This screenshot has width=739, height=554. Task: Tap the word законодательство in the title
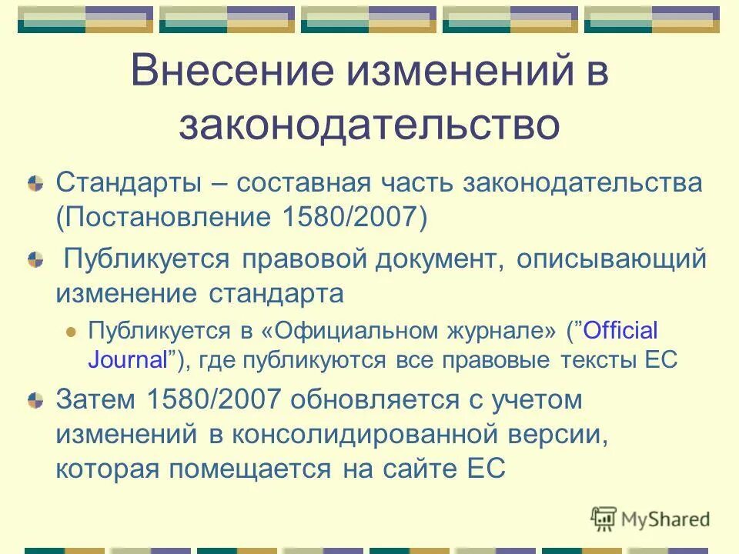(x=369, y=125)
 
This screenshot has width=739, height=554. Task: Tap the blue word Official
(x=621, y=331)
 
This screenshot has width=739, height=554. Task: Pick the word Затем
(x=95, y=400)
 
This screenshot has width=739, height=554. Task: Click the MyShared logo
(x=650, y=519)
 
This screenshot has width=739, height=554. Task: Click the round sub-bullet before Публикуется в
(x=72, y=332)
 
